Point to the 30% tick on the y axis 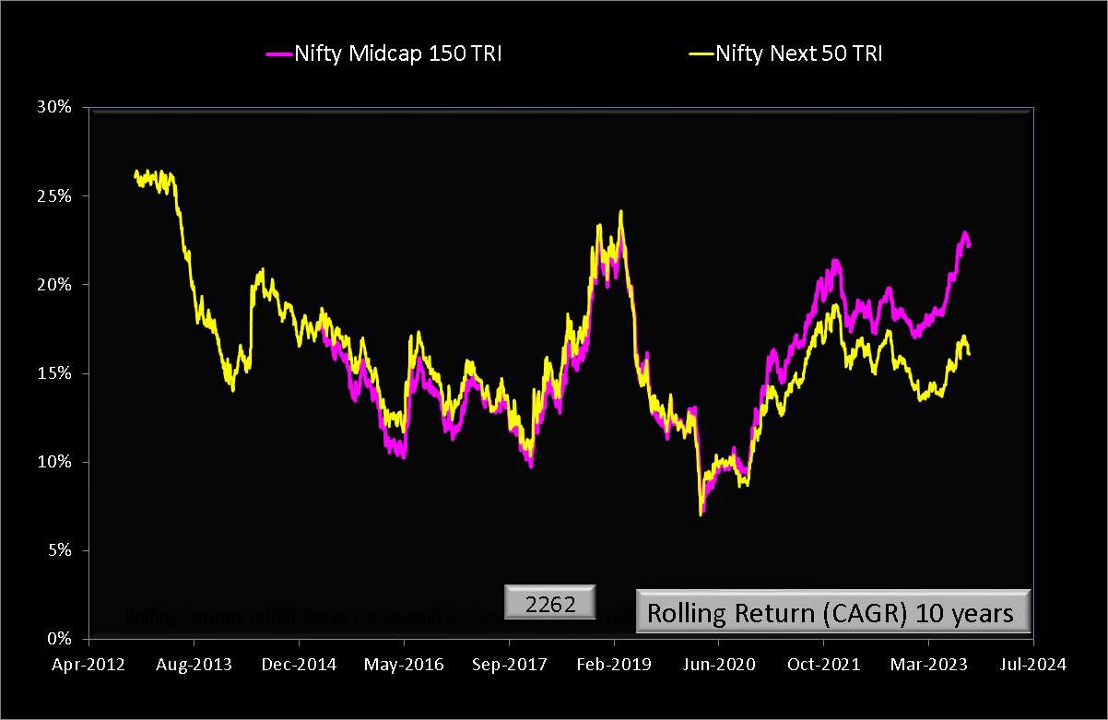pos(53,108)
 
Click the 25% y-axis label pos(53,196)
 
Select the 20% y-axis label pos(53,285)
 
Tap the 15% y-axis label pos(53,373)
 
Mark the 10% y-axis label pos(53,462)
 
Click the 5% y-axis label pos(56,550)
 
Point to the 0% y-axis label pos(56,639)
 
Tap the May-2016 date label pos(404,664)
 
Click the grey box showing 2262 pos(550,604)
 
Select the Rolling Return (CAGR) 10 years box pos(831,612)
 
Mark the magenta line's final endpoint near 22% pos(969,244)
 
